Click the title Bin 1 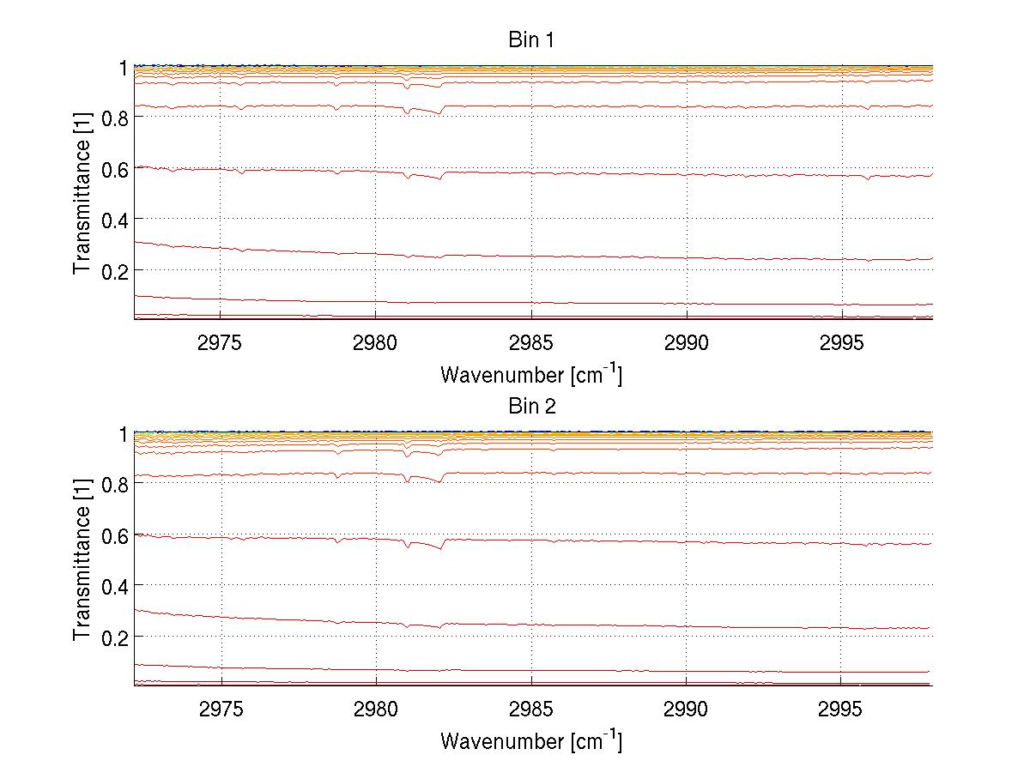pos(532,39)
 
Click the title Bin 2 pos(532,407)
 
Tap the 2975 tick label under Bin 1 pos(221,342)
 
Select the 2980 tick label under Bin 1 pos(376,342)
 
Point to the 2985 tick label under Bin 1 pos(531,342)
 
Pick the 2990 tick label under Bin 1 pos(687,342)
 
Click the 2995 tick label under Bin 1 pos(841,342)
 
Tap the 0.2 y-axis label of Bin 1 pos(114,270)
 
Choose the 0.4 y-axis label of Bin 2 pos(114,586)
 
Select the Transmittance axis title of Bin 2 pos(82,559)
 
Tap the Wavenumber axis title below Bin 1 pos(531,374)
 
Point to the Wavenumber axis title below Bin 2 pos(531,740)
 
